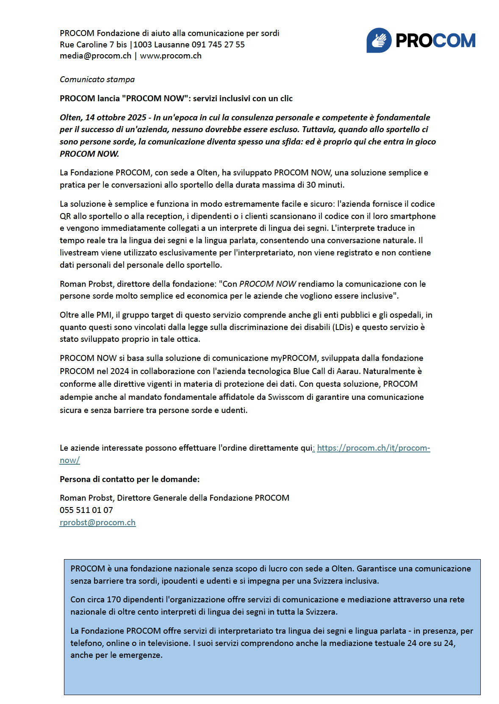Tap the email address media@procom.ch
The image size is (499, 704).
pyautogui.click(x=95, y=56)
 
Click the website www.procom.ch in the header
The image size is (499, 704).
pyautogui.click(x=171, y=56)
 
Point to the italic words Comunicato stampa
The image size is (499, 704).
pyautogui.click(x=97, y=79)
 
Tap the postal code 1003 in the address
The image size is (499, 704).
pyautogui.click(x=143, y=44)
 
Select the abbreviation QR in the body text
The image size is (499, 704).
pyautogui.click(x=65, y=216)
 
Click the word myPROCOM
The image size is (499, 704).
pyautogui.click(x=294, y=358)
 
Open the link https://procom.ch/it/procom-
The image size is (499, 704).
pyautogui.click(x=373, y=448)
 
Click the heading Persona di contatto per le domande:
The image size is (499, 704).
pyautogui.click(x=130, y=479)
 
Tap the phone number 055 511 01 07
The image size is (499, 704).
pyautogui.click(x=86, y=510)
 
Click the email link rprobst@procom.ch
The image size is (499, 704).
pyautogui.click(x=97, y=522)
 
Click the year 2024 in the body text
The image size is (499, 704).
pyautogui.click(x=119, y=371)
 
